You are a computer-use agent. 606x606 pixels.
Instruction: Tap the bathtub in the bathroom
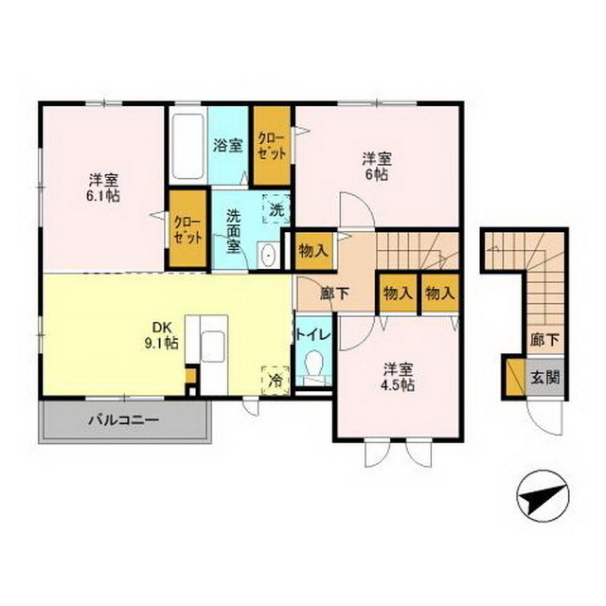pyautogui.click(x=187, y=150)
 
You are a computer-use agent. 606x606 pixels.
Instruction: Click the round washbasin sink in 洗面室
pyautogui.click(x=268, y=254)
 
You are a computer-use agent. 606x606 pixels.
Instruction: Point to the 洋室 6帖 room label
pyautogui.click(x=377, y=166)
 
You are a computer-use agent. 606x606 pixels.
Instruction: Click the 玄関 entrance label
pyautogui.click(x=544, y=376)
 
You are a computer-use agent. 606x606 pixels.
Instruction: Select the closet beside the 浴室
pyautogui.click(x=271, y=146)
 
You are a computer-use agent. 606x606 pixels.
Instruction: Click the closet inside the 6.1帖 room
pyautogui.click(x=187, y=228)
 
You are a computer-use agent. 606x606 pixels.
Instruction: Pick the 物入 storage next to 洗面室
pyautogui.click(x=312, y=251)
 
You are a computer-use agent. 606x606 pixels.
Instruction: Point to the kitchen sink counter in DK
pyautogui.click(x=210, y=348)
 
